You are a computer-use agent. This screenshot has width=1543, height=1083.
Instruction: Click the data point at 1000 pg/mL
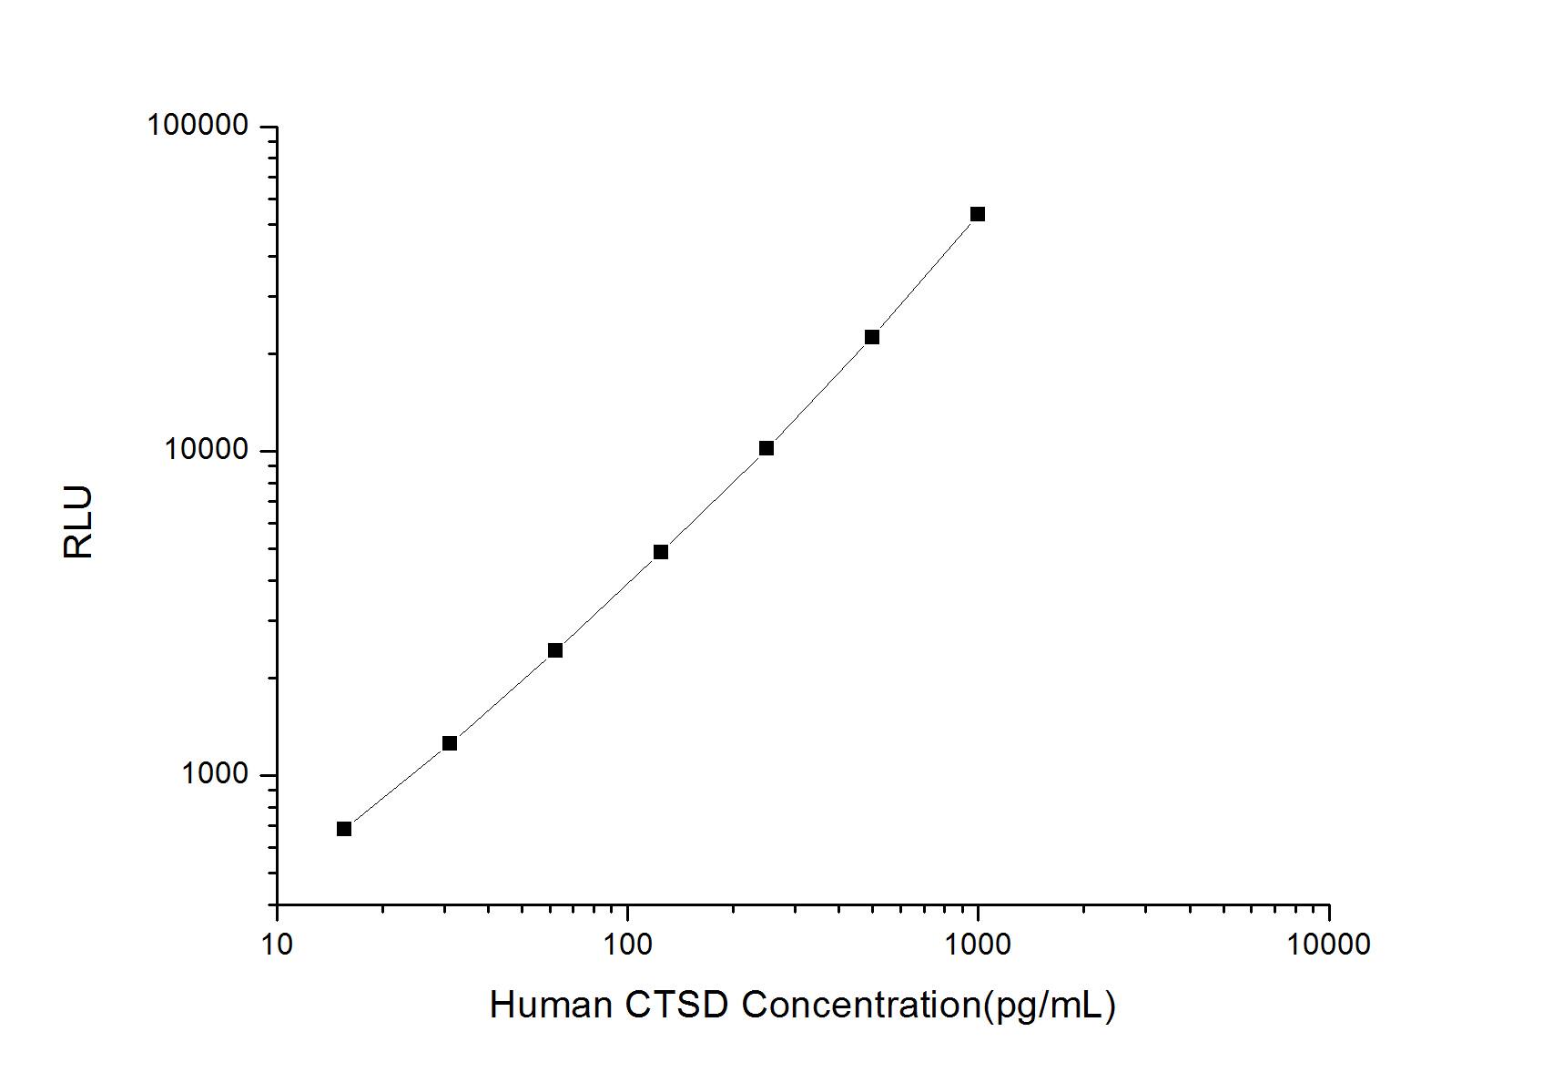(x=978, y=214)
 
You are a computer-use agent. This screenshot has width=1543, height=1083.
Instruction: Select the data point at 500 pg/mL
(x=872, y=337)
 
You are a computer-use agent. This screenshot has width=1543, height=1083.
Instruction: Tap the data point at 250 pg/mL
(x=766, y=448)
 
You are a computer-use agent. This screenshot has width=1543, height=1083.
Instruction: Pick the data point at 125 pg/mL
(x=661, y=552)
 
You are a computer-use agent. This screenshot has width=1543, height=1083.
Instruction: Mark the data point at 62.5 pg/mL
(x=555, y=650)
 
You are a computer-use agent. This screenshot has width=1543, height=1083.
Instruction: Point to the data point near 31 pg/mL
(x=450, y=743)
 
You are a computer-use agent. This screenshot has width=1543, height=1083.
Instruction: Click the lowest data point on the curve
(x=344, y=829)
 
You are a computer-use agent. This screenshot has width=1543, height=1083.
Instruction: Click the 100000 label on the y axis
(x=198, y=126)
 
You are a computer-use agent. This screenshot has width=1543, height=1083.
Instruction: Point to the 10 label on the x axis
(x=277, y=945)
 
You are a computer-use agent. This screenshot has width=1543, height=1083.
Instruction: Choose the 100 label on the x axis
(x=627, y=945)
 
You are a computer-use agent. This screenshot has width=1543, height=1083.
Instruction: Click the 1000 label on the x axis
(x=978, y=945)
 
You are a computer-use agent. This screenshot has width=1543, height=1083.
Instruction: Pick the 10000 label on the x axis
(x=1328, y=945)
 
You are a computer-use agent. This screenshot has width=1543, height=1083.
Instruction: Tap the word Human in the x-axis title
(x=550, y=1005)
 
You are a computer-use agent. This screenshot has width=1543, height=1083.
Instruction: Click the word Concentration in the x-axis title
(x=860, y=1005)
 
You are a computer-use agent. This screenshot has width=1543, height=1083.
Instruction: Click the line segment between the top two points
(x=925, y=274)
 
